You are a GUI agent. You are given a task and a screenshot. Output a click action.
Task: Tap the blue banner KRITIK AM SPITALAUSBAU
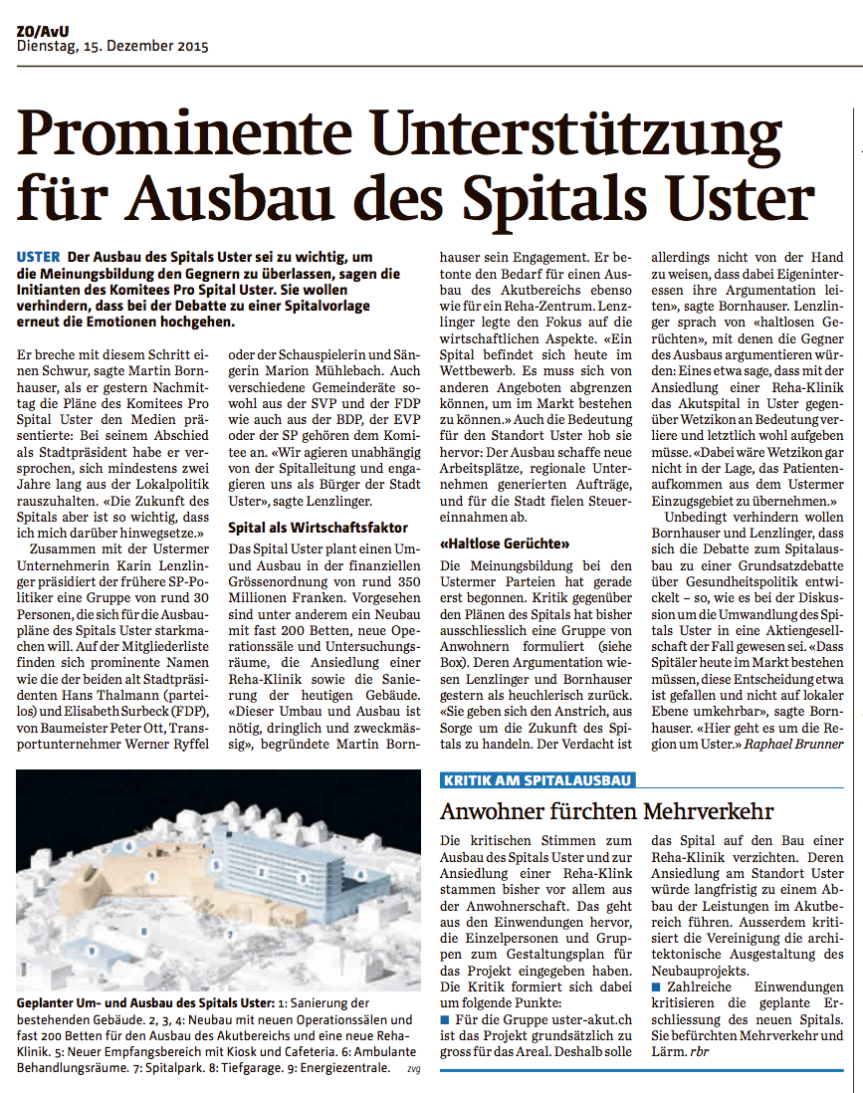click(537, 780)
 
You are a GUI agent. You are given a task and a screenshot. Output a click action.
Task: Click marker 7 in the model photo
click(230, 936)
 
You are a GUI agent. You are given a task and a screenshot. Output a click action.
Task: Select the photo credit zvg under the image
click(414, 1070)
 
